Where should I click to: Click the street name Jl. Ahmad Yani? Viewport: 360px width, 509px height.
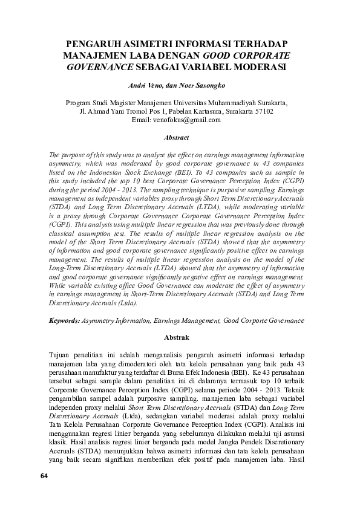(101, 111)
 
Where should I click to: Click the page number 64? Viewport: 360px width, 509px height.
(44, 493)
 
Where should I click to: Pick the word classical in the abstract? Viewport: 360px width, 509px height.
(64, 232)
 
